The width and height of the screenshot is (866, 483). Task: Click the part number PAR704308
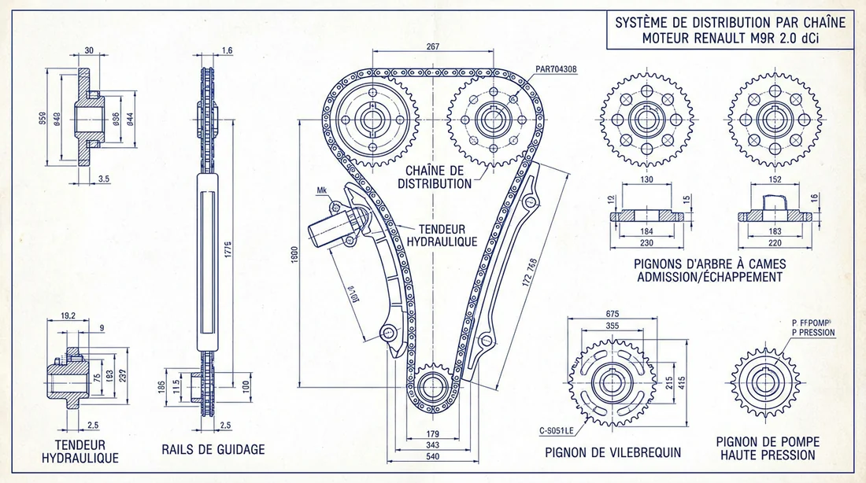(555, 69)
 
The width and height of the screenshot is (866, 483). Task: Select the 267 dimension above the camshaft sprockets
(432, 47)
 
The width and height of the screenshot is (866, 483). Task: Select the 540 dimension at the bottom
(432, 456)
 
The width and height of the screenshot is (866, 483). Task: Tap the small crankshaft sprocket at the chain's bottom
(432, 386)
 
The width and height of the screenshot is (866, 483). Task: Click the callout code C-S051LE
(551, 431)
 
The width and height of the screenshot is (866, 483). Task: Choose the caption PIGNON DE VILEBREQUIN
(613, 452)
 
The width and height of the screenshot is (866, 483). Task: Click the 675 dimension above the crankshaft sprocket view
(612, 314)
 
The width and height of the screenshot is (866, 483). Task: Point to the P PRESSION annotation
(812, 333)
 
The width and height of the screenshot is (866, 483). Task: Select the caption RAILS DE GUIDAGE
(213, 450)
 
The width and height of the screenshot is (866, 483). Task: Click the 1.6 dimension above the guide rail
(228, 51)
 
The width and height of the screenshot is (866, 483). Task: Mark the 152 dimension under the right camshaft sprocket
(775, 179)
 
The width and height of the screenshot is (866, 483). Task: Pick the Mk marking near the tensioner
(321, 190)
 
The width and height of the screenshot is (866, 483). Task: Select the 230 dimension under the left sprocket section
(646, 244)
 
